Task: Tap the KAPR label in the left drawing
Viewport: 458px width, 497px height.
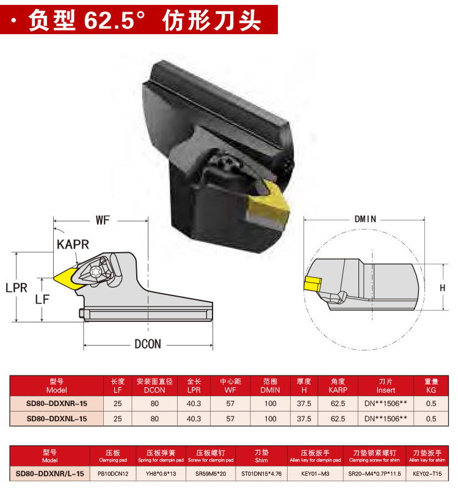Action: click(x=73, y=245)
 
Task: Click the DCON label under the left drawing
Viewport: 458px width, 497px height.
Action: click(x=147, y=344)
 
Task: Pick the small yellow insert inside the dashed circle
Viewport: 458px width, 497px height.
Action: click(x=313, y=284)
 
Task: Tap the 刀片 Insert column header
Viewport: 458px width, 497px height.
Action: click(x=385, y=385)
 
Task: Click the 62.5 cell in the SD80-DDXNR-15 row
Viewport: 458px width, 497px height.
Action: click(x=338, y=403)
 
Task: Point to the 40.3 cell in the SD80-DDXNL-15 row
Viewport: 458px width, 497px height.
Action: click(x=194, y=419)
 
